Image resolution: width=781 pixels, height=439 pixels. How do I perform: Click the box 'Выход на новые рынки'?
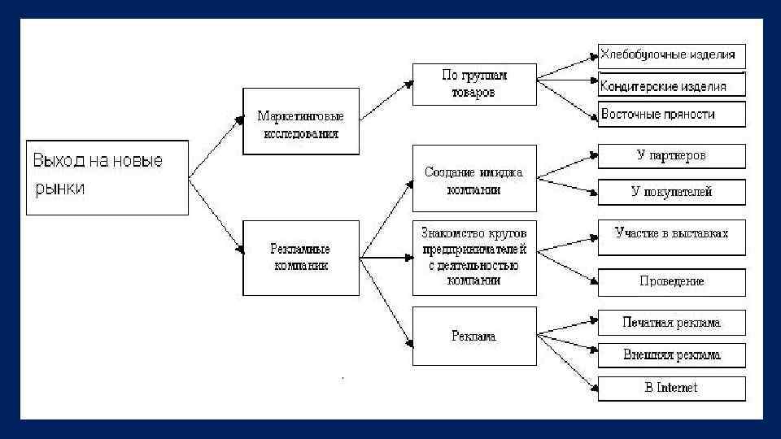(107, 177)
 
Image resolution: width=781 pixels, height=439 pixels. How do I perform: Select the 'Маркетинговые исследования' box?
(300, 122)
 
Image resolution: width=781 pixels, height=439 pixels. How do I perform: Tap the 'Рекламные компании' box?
(300, 257)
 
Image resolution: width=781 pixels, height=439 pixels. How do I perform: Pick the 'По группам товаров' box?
(474, 84)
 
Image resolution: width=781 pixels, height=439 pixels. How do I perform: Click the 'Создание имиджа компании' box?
(474, 180)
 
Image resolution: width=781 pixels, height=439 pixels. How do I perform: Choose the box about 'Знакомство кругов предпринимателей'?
(474, 258)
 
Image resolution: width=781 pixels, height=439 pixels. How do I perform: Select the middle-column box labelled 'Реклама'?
(474, 336)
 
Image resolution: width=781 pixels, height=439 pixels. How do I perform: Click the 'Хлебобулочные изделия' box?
(671, 56)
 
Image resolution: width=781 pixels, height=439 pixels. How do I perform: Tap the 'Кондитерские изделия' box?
(671, 85)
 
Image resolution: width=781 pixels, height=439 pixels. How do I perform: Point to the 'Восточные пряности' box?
(671, 114)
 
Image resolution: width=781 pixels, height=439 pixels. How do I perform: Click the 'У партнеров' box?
(671, 156)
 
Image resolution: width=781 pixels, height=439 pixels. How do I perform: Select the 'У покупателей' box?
(671, 192)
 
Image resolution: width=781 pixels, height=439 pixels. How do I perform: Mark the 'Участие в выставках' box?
(671, 236)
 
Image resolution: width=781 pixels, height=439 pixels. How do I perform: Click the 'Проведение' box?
(671, 281)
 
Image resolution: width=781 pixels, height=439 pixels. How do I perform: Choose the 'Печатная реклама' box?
(671, 323)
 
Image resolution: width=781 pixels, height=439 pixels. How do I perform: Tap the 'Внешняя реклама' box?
(671, 355)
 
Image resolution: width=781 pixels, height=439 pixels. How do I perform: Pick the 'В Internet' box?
(671, 388)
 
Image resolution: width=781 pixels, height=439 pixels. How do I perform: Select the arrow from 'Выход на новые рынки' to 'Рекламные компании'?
(216, 215)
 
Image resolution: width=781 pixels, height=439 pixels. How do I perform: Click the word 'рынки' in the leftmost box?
(59, 189)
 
